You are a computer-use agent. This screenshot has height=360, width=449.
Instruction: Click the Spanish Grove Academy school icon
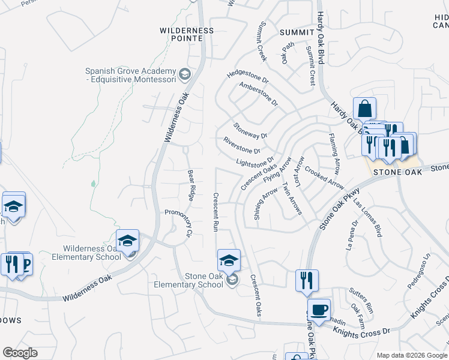[185, 75]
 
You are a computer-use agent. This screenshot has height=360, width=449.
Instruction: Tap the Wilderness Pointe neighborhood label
[187, 34]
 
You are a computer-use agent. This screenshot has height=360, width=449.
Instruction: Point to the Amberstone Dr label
[259, 94]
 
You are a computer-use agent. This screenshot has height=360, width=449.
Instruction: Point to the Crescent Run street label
[215, 212]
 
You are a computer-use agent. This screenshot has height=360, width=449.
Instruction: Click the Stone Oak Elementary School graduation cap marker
[229, 261]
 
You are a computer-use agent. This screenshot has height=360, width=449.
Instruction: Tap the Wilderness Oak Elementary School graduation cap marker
[127, 241]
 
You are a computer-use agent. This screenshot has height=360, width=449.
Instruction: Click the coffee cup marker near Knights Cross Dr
[319, 310]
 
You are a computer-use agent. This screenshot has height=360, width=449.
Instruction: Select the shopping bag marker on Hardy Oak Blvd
[364, 109]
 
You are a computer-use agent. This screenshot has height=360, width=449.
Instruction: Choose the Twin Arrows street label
[292, 199]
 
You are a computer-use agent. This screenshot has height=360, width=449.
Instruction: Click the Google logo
[20, 353]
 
